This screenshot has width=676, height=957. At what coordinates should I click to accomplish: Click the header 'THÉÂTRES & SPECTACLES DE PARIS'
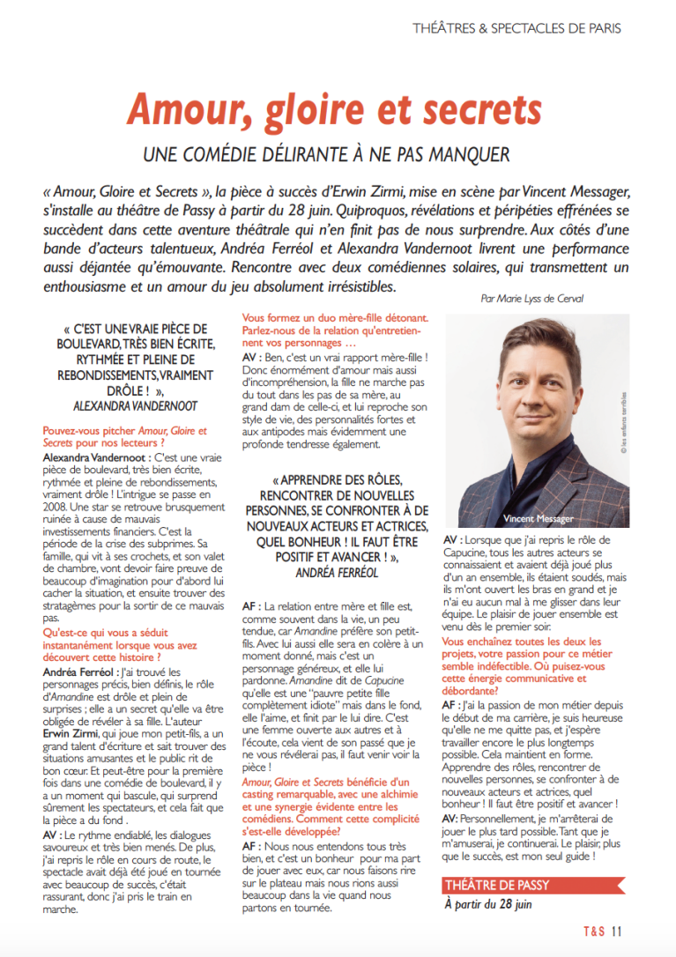(x=516, y=28)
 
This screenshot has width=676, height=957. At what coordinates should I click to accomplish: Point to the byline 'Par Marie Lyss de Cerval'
(x=532, y=299)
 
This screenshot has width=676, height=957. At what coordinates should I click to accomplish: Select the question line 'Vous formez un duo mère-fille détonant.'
(x=335, y=318)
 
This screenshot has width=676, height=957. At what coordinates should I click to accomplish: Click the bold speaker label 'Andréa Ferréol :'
(x=81, y=672)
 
